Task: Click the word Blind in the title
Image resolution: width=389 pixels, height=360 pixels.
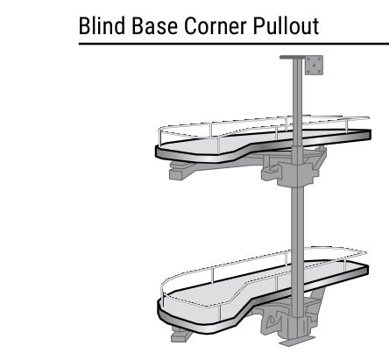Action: click(x=103, y=25)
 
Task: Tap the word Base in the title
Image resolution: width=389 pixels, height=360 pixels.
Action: click(x=154, y=25)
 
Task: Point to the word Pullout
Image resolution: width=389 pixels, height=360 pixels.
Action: click(x=286, y=25)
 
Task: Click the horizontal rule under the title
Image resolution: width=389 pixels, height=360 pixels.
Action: click(x=234, y=44)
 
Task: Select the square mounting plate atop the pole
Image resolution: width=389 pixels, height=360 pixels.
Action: click(x=314, y=65)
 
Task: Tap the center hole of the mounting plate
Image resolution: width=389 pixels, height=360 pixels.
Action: click(x=315, y=65)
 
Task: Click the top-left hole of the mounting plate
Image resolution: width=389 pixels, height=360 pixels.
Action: click(x=309, y=60)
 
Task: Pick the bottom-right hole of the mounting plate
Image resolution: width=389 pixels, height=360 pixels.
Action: click(x=319, y=71)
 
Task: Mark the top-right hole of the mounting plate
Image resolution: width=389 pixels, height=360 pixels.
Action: click(x=319, y=60)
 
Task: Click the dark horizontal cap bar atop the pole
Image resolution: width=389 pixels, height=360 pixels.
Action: click(x=292, y=57)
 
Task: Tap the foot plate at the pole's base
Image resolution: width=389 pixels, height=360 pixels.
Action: click(x=297, y=341)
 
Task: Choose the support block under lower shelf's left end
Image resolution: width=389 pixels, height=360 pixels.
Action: click(x=180, y=335)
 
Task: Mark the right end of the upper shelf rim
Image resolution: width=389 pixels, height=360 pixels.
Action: click(x=371, y=135)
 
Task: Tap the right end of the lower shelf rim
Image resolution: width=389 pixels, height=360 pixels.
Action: click(x=367, y=269)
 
